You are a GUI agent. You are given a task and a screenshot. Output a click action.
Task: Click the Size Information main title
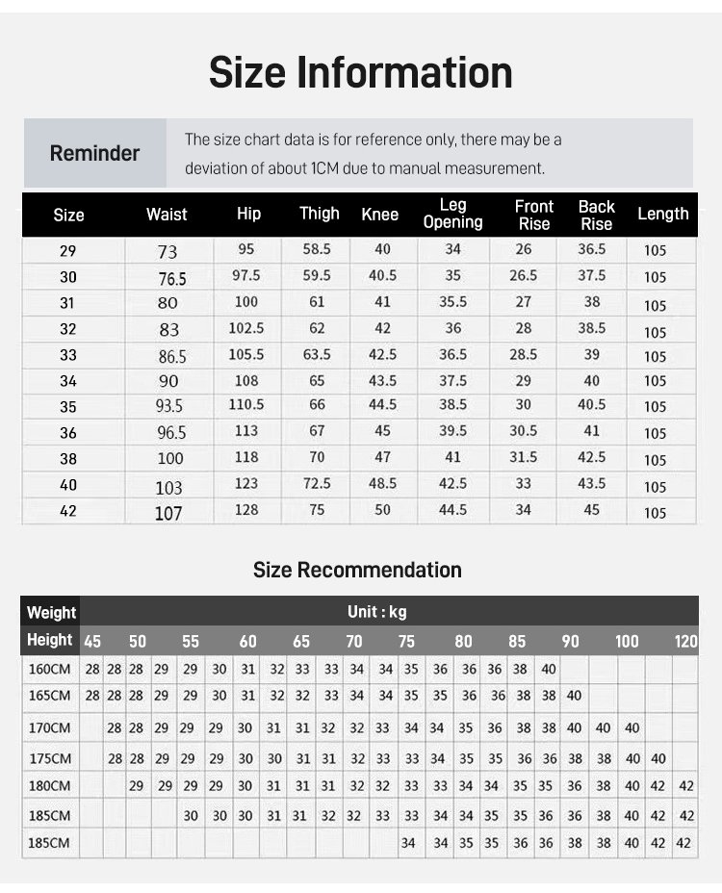[361, 73]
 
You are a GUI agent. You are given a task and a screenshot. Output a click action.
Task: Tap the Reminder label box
[94, 153]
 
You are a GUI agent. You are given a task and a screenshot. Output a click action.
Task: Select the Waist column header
[167, 215]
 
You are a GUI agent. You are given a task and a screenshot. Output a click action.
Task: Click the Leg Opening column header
[452, 214]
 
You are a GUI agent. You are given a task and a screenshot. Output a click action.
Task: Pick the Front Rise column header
[534, 215]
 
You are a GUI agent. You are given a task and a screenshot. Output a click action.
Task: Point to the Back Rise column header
[596, 215]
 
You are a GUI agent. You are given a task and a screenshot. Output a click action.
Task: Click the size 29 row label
[68, 251]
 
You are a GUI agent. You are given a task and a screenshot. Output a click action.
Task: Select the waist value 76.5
[172, 279]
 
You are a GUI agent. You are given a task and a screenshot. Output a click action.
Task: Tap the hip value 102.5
[246, 328]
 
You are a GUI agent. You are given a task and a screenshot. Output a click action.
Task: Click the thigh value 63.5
[317, 354]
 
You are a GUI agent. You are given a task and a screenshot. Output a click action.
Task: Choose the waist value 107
[168, 513]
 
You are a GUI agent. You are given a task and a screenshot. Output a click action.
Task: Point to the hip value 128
[246, 509]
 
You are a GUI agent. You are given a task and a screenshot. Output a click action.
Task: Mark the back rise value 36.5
[592, 249]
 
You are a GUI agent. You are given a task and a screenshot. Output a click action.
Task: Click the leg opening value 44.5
[452, 509]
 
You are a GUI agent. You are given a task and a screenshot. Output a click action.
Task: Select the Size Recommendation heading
[357, 570]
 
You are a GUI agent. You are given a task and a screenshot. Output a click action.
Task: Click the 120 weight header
[686, 642]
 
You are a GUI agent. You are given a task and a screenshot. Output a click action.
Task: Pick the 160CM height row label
[49, 669]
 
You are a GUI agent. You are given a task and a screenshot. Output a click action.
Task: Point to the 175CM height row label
[49, 758]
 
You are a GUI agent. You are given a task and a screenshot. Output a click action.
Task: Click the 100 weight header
[627, 642]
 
